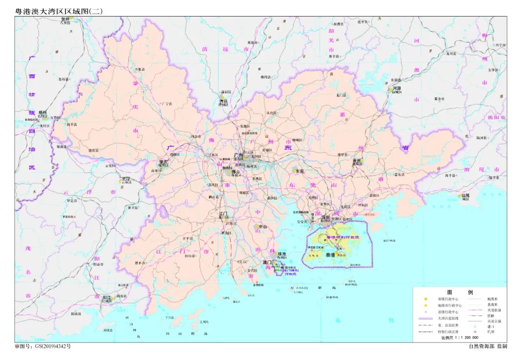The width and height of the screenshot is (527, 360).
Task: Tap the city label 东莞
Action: [299, 172]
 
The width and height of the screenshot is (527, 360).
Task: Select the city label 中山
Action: [262, 226]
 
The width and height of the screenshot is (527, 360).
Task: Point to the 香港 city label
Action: [330, 255]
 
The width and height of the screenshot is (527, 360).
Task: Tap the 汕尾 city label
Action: [466, 195]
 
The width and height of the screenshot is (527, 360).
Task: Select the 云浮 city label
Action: [126, 180]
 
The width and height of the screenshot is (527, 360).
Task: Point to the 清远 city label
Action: [224, 101]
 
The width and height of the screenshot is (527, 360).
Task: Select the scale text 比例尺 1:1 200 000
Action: [460, 337]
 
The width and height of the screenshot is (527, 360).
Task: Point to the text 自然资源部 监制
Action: [487, 346]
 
